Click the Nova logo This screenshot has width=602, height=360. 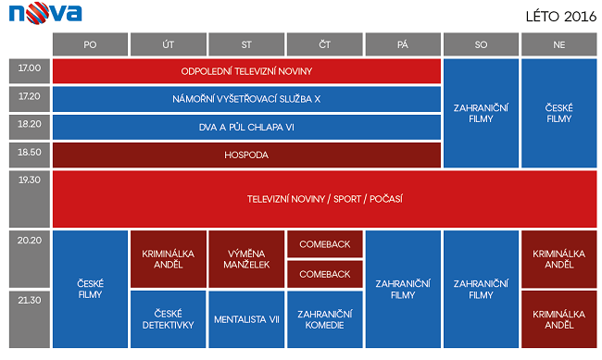point(45,13)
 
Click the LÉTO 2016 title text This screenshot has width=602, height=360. point(561,17)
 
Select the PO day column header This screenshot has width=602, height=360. point(90,44)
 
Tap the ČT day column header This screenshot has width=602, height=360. point(325,44)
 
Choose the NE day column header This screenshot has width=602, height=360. point(559,44)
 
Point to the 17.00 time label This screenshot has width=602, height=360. point(30,71)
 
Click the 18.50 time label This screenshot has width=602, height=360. point(30,155)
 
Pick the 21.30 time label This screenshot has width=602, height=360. point(30,319)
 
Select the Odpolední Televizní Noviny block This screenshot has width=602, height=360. point(246,71)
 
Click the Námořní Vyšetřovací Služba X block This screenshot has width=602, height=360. point(246,99)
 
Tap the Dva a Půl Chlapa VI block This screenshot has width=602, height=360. point(246,127)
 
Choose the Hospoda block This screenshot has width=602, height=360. point(246,155)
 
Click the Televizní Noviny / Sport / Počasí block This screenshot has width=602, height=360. point(325,199)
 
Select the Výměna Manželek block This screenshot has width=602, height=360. point(246,259)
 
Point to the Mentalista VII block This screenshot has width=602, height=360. point(246,319)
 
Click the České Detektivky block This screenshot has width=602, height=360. point(169,319)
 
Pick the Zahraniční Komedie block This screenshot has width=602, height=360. point(325,319)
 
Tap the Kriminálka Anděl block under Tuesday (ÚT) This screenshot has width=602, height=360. point(169,259)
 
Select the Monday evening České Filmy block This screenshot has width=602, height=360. point(90,290)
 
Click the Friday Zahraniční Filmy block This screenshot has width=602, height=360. point(403,290)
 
